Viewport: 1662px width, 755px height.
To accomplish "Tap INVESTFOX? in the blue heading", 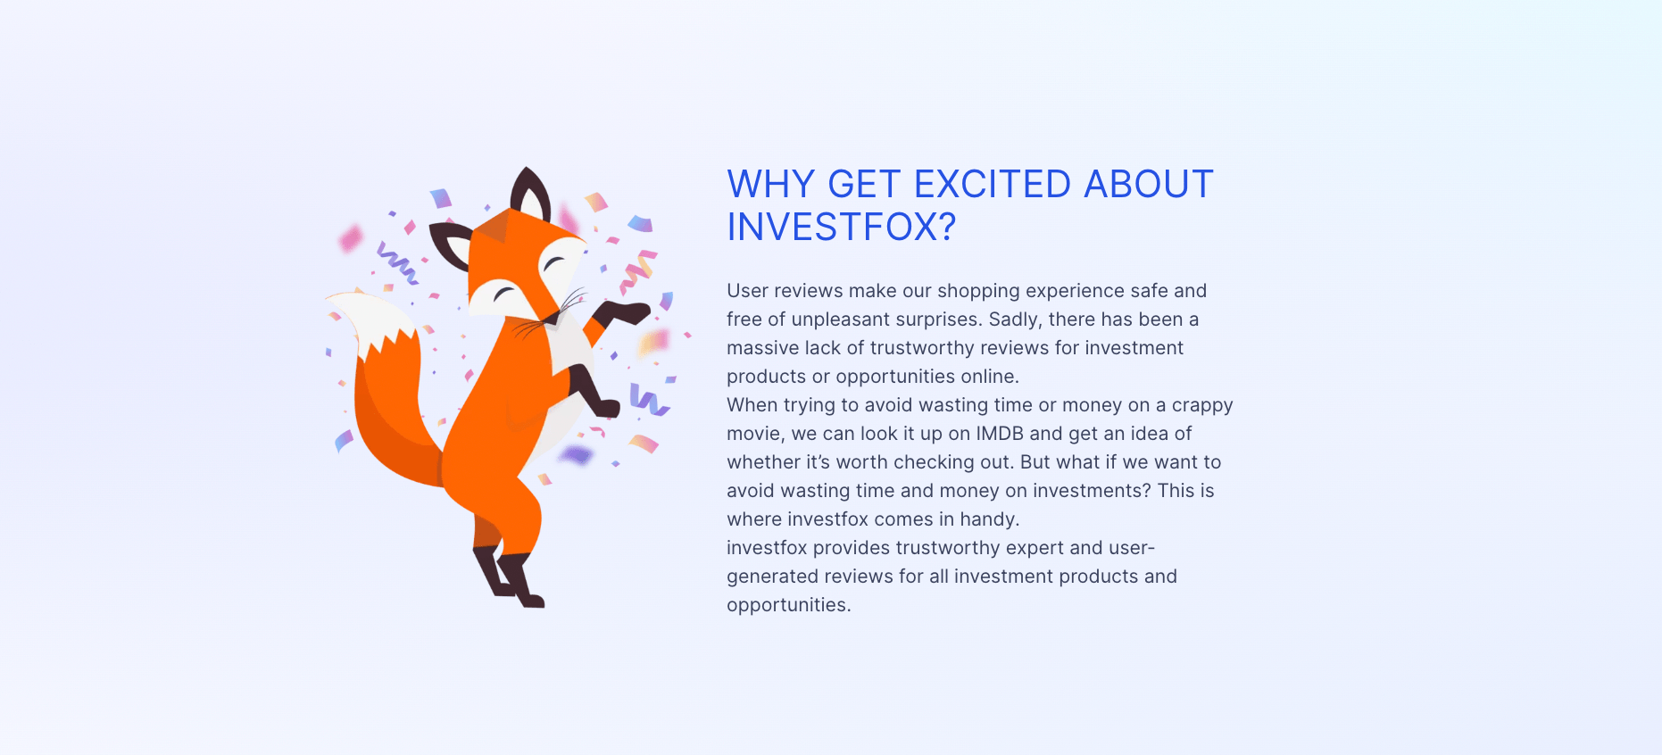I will pyautogui.click(x=841, y=228).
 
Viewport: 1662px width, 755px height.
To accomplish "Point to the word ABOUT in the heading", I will pyautogui.click(x=1148, y=185).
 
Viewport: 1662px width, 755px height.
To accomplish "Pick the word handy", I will pyautogui.click(x=989, y=519).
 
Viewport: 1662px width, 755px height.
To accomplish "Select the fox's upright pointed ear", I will pyautogui.click(x=530, y=192).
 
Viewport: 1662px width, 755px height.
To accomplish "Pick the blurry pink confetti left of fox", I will pyautogui.click(x=350, y=238).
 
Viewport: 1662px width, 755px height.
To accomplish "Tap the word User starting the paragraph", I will pyautogui.click(x=747, y=291).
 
